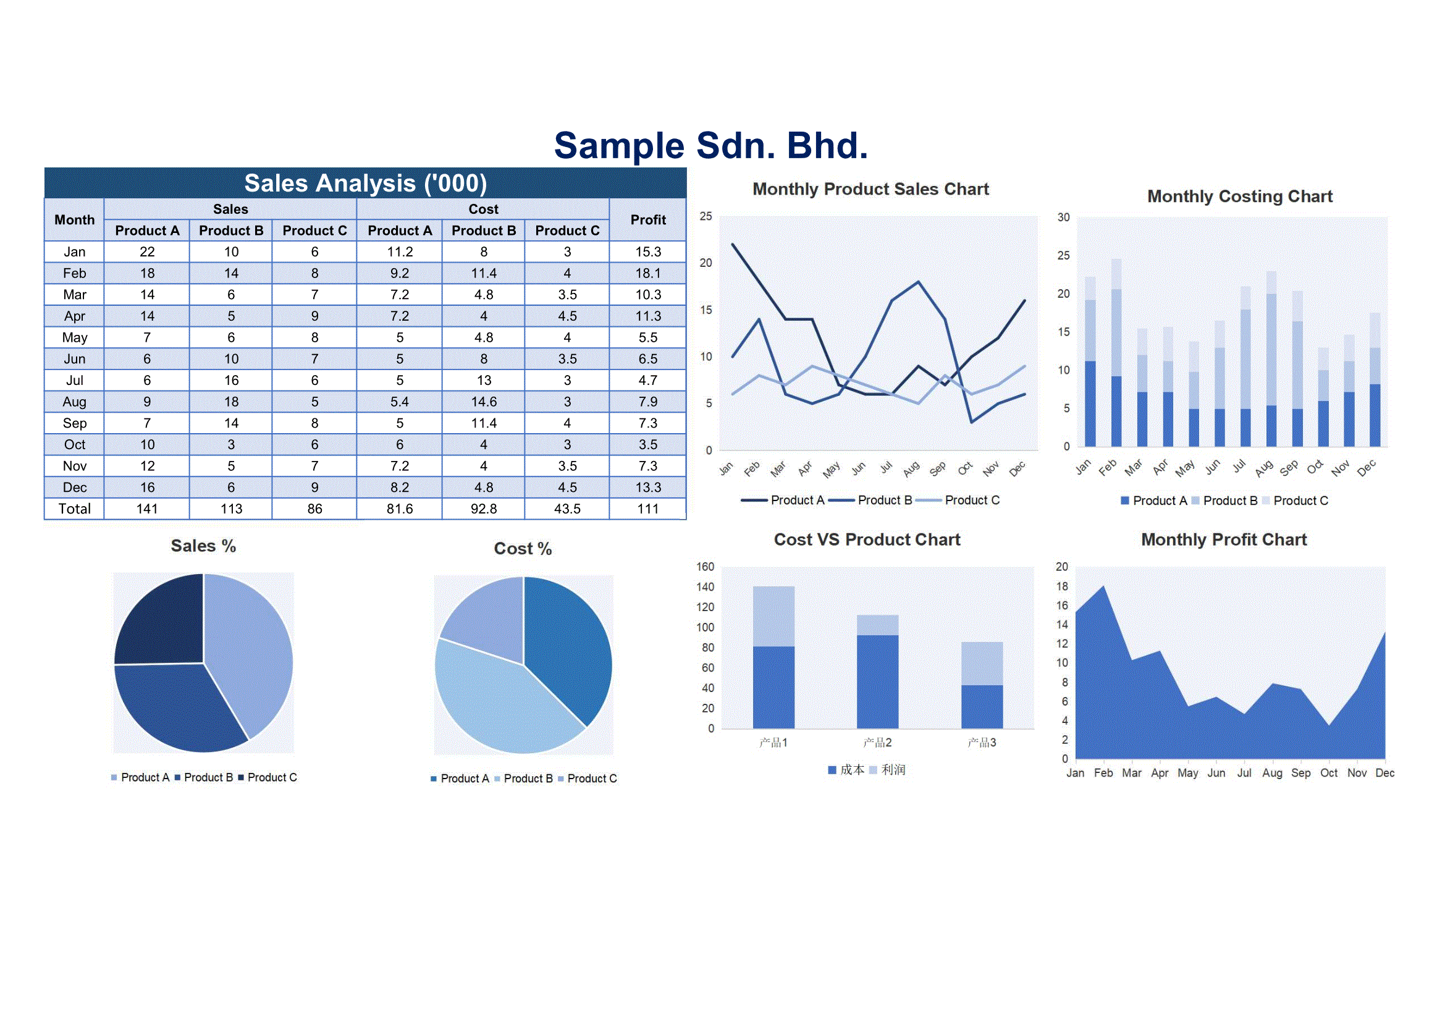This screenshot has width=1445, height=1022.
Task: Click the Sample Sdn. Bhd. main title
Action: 710,145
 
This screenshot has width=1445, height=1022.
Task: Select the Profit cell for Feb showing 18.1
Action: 647,273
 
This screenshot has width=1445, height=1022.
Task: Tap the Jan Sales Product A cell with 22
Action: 146,251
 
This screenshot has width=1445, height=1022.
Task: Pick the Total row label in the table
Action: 74,509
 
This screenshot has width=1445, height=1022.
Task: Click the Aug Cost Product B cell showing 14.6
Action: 483,402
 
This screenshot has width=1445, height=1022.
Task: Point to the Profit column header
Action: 647,219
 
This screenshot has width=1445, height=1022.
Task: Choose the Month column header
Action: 74,219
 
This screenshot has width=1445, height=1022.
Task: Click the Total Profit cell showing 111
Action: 647,509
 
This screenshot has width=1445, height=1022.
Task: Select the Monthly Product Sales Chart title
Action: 870,189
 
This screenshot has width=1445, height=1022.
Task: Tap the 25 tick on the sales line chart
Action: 706,216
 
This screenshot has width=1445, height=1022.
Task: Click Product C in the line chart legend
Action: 971,500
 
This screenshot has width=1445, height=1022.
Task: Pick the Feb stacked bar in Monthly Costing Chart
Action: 1116,352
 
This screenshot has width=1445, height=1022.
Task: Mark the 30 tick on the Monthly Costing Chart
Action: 1063,217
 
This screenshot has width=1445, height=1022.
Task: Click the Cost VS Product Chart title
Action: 867,539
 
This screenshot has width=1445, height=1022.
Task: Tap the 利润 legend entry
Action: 893,770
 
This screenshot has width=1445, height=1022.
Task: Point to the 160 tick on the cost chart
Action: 705,567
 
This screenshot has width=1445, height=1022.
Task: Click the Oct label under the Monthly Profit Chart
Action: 1329,773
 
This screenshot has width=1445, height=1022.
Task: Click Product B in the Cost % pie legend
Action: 528,779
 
